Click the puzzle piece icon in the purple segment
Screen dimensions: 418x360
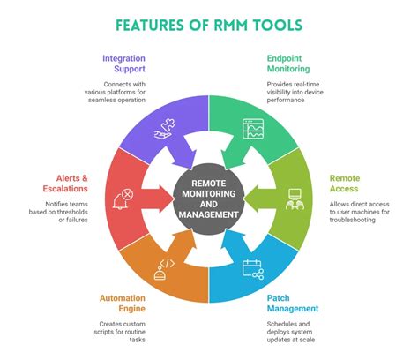(x=163, y=129)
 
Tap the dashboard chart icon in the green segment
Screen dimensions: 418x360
(x=253, y=129)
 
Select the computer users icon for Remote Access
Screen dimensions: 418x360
(x=295, y=199)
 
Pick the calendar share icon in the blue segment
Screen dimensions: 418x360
(x=253, y=269)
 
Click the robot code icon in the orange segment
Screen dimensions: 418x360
(x=164, y=269)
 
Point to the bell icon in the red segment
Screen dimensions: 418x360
(x=123, y=199)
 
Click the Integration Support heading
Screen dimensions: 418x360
(x=123, y=64)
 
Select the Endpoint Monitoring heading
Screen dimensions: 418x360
(x=288, y=64)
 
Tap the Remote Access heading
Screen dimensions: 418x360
(x=345, y=184)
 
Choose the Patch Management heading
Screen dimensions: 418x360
(x=293, y=304)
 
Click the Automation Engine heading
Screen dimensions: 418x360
(x=123, y=304)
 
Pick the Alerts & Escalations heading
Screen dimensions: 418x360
(x=65, y=184)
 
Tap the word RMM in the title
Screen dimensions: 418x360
(x=230, y=25)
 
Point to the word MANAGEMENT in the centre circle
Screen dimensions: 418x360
(x=209, y=214)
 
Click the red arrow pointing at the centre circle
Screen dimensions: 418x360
(x=157, y=199)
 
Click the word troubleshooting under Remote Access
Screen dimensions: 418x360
(x=352, y=220)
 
